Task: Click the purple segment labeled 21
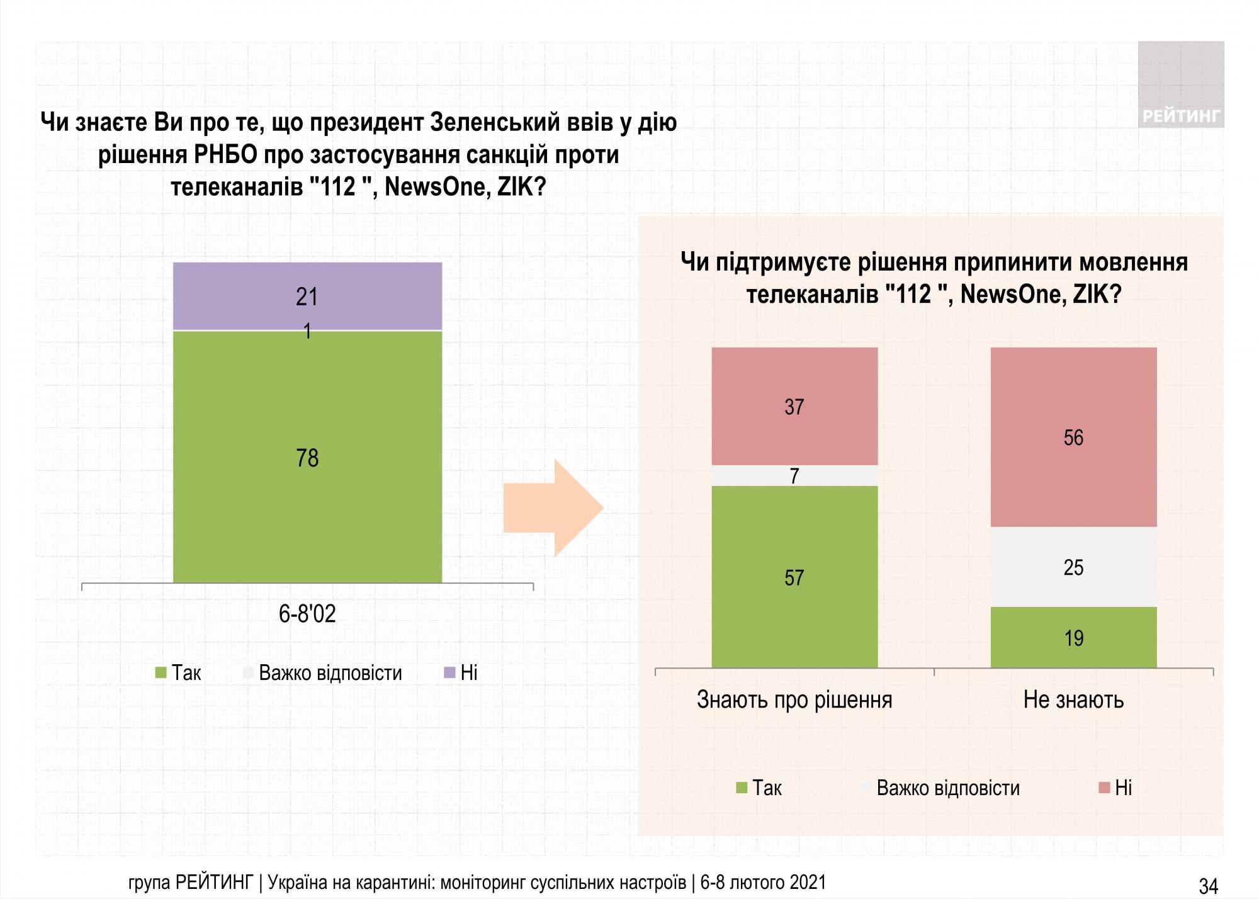pyautogui.click(x=307, y=296)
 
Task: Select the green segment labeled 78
pyautogui.click(x=307, y=457)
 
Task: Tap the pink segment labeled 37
pyautogui.click(x=794, y=406)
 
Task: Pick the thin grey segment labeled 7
pyautogui.click(x=794, y=475)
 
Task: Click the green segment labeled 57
pyautogui.click(x=794, y=577)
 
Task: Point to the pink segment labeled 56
pyautogui.click(x=1073, y=437)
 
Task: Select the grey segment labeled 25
pyautogui.click(x=1073, y=567)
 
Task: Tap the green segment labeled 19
pyautogui.click(x=1073, y=637)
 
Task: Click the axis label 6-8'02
pyautogui.click(x=307, y=613)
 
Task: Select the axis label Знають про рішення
pyautogui.click(x=794, y=699)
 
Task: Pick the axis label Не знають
pyautogui.click(x=1073, y=699)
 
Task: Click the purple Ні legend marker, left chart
pyautogui.click(x=449, y=673)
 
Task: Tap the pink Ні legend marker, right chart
pyautogui.click(x=1104, y=788)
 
